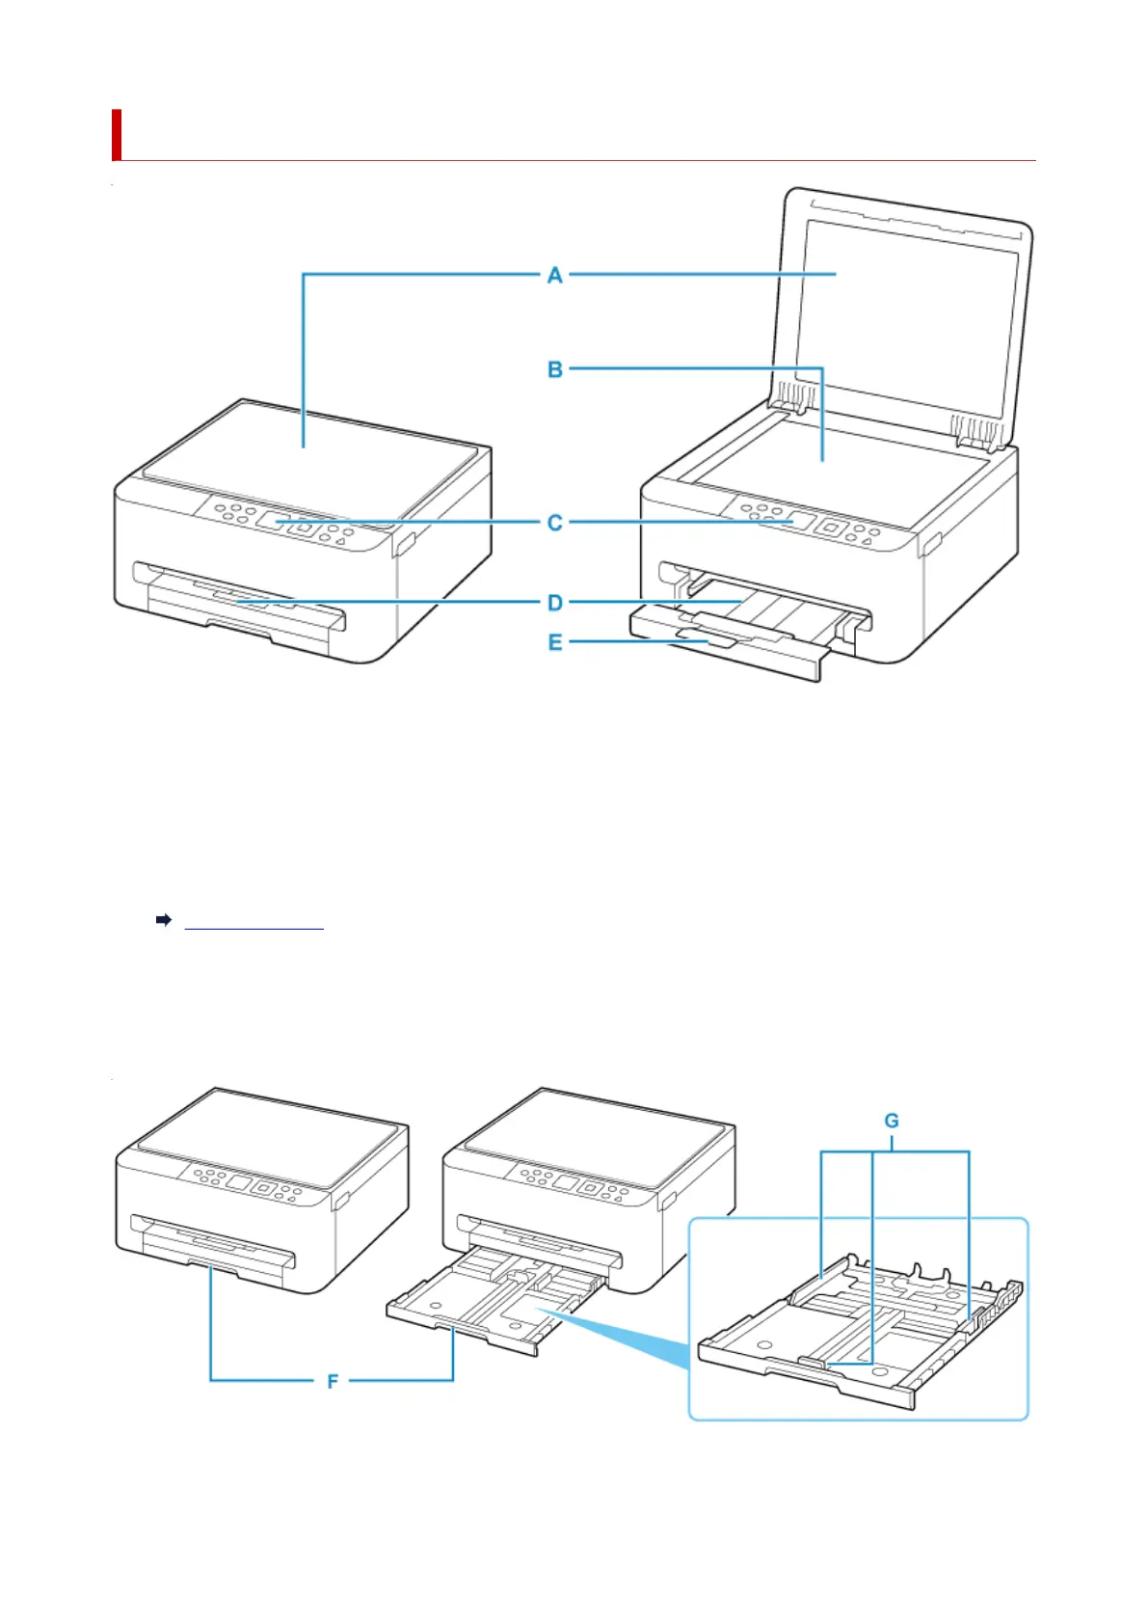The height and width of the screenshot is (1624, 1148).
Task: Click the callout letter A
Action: pos(554,275)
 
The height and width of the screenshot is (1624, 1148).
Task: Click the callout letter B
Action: pos(554,369)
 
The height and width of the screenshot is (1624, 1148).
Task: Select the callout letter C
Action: pos(554,522)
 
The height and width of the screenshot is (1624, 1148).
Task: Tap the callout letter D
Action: pos(554,603)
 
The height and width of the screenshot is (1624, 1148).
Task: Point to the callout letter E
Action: pos(554,641)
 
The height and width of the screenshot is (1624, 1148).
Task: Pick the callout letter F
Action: pos(333,1381)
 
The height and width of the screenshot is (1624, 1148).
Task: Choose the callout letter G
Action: pos(891,1121)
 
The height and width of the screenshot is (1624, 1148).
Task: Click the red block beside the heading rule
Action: pos(116,134)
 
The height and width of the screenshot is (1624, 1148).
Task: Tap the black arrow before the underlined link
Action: pos(164,920)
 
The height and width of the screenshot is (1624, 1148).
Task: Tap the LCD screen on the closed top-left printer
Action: pos(273,520)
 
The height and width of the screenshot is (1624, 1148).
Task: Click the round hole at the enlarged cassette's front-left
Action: pos(764,1343)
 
